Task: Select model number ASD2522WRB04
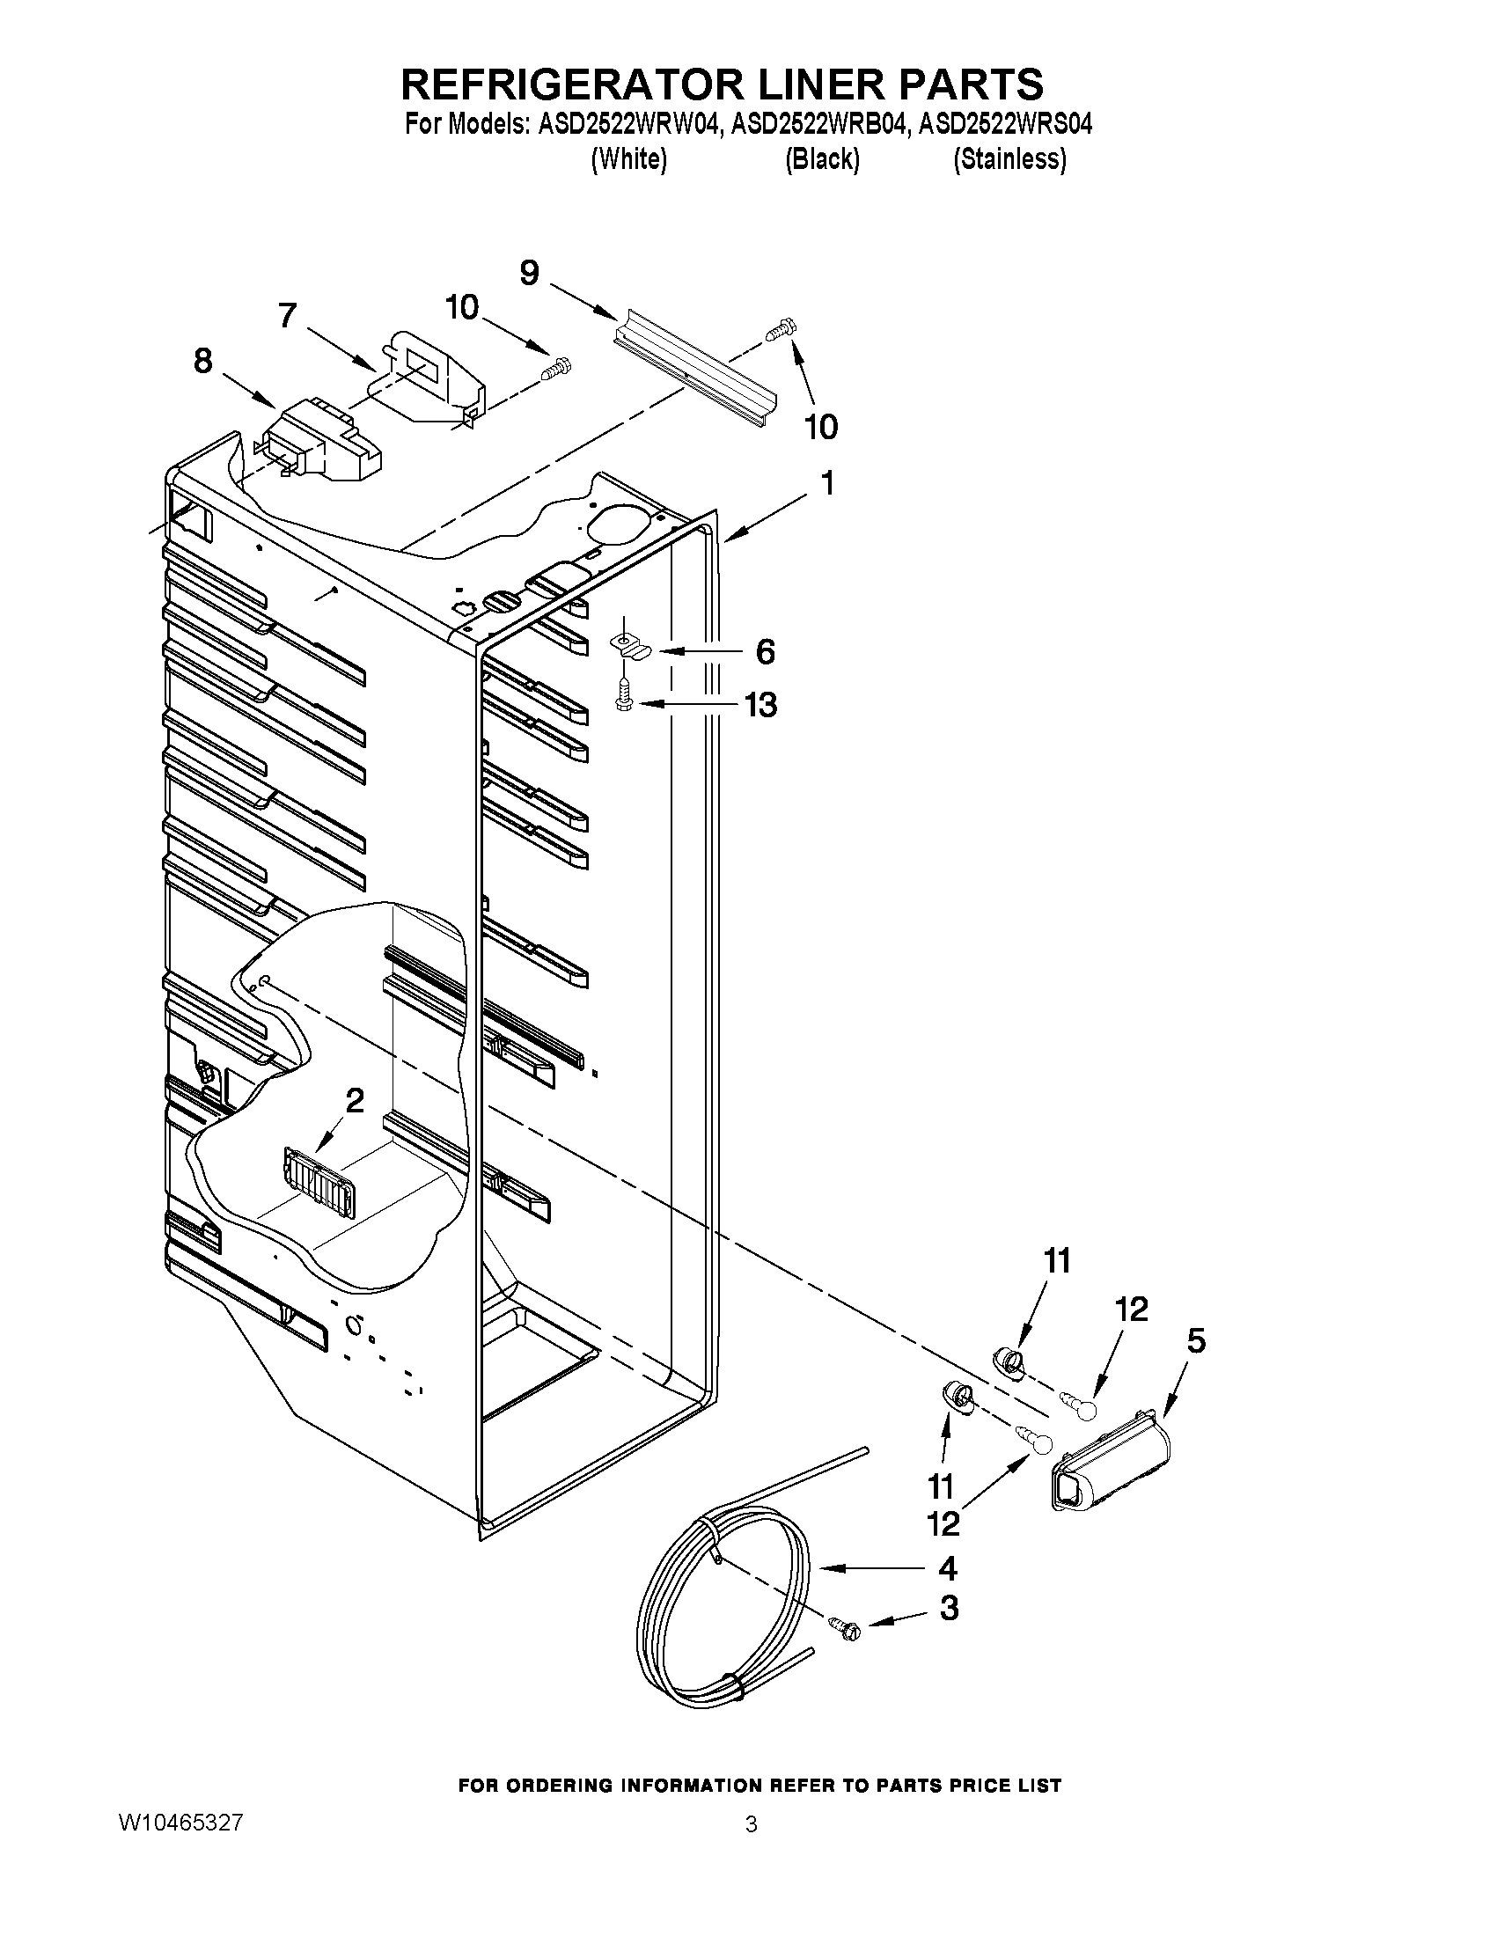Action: pyautogui.click(x=819, y=124)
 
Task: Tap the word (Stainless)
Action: pyautogui.click(x=1009, y=159)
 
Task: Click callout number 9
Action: pyautogui.click(x=529, y=272)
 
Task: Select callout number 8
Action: pyautogui.click(x=203, y=361)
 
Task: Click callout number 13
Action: pyautogui.click(x=760, y=705)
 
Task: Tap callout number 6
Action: pyautogui.click(x=765, y=652)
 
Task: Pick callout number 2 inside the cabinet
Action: pyautogui.click(x=354, y=1101)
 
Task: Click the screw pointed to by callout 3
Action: pyautogui.click(x=843, y=1626)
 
